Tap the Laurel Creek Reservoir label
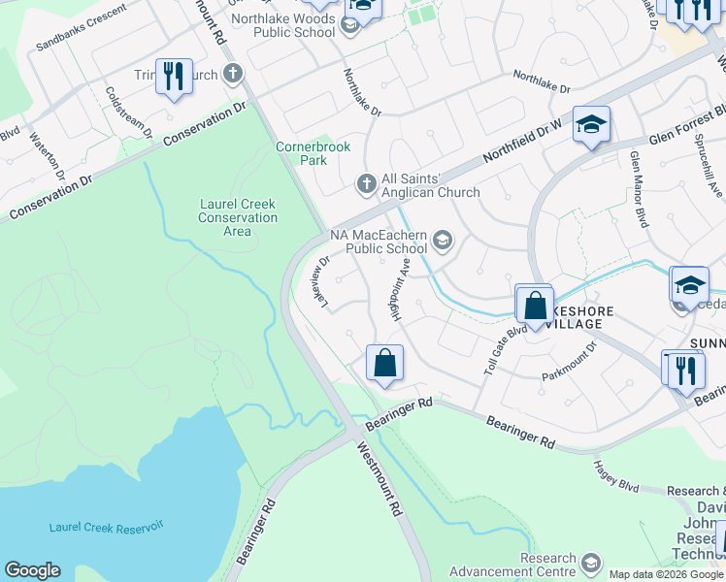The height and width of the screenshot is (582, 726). click(x=107, y=526)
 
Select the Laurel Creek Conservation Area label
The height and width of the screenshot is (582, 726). click(x=238, y=217)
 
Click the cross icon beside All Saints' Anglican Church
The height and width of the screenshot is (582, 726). click(x=366, y=182)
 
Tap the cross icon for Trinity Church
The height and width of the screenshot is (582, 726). click(x=232, y=74)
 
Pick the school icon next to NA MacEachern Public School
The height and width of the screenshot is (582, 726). click(x=443, y=240)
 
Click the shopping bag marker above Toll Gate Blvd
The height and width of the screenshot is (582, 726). click(x=535, y=305)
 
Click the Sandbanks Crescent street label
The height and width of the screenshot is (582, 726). click(x=81, y=28)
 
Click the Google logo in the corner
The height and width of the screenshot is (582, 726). click(x=32, y=569)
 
